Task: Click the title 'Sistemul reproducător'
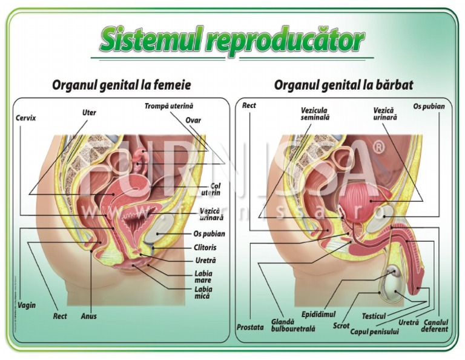point(232,40)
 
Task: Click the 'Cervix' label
point(25,118)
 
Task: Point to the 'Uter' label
point(89,112)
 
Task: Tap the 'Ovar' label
point(193,120)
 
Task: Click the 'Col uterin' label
point(215,189)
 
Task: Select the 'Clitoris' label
point(205,248)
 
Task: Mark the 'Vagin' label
point(26,305)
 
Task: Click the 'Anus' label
point(89,316)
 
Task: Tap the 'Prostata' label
point(250,327)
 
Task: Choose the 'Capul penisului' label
point(374,331)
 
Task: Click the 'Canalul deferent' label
point(436,325)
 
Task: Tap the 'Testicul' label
point(374,316)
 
